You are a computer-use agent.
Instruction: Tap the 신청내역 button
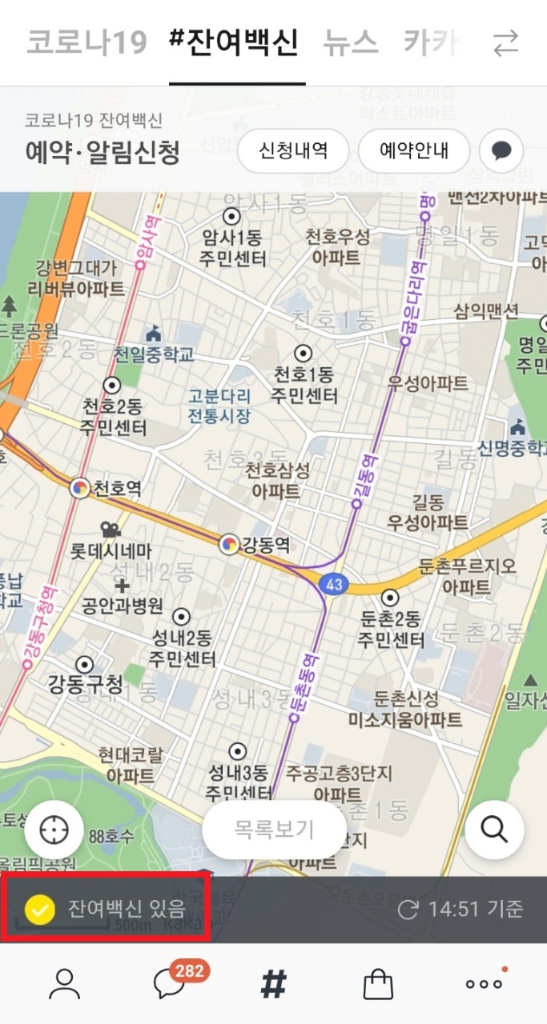293,151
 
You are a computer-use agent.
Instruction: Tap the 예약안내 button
413,151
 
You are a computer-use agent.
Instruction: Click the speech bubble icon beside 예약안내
501,151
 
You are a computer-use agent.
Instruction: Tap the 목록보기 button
274,830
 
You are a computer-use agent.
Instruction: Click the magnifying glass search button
494,830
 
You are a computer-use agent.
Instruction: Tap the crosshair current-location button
54,830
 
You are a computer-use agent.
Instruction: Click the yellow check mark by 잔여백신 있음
39,910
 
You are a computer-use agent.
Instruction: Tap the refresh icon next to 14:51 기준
408,910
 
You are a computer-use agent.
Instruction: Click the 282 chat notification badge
189,971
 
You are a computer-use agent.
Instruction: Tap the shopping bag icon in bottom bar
378,985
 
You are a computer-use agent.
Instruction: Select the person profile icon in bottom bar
65,985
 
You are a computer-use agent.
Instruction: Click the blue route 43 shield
334,585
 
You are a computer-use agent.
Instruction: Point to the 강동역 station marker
229,545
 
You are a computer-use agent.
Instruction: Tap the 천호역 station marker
79,488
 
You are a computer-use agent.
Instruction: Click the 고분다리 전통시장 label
219,406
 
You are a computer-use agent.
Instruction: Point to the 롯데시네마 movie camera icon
110,529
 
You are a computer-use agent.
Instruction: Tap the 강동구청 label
86,685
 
